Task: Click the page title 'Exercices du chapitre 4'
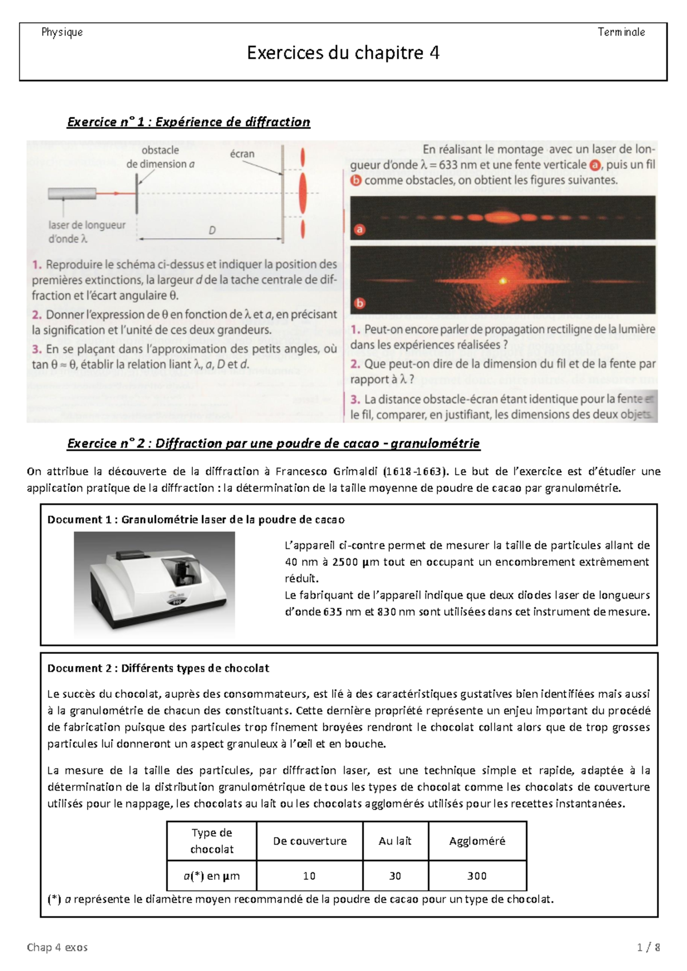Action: tap(343, 53)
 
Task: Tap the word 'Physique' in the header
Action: tap(62, 32)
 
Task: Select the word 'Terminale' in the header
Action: tap(621, 32)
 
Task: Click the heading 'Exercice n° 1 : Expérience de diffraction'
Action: tap(188, 122)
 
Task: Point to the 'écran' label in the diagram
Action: tap(242, 153)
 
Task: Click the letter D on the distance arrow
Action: tap(212, 231)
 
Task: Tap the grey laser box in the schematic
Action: tap(72, 194)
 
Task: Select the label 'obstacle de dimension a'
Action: tap(160, 157)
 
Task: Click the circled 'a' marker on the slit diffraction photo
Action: tap(360, 230)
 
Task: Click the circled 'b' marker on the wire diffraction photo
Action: tap(360, 303)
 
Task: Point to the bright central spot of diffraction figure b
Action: tap(503, 281)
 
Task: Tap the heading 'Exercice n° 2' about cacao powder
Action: tap(273, 443)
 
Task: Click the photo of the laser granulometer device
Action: tap(155, 583)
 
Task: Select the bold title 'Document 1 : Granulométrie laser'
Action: tap(196, 519)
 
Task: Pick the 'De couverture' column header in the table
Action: tap(310, 841)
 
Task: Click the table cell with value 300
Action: tap(477, 876)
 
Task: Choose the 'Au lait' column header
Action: tap(395, 841)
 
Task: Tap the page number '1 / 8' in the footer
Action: tap(649, 948)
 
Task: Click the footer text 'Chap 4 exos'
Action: tap(57, 948)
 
